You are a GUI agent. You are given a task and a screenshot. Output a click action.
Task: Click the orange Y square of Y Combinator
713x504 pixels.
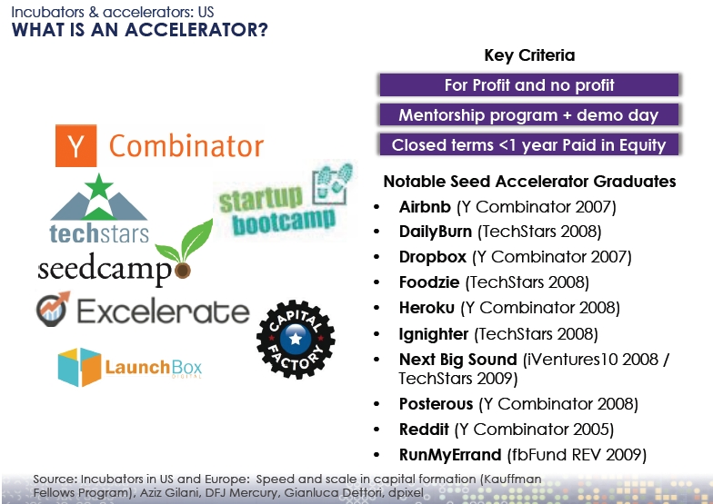76,145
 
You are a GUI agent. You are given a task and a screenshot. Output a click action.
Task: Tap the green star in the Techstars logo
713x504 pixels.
98,186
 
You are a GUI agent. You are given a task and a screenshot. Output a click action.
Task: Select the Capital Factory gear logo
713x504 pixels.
296,339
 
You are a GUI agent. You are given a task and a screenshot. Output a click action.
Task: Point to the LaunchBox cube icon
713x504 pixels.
80,367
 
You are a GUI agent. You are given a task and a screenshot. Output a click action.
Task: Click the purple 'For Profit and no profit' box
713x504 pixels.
529,85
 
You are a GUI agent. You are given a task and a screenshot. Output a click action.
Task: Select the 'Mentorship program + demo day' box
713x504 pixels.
529,114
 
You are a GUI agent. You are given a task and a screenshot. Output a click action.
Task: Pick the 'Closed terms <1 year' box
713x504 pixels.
529,145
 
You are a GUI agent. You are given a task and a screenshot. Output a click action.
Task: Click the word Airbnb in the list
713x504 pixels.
425,207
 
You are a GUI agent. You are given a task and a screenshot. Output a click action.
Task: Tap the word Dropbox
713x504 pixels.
433,257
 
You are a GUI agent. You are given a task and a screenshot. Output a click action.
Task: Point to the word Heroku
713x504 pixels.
427,308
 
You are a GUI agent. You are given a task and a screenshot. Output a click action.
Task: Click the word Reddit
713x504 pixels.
424,429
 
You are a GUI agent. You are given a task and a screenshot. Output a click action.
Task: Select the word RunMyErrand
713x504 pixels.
450,454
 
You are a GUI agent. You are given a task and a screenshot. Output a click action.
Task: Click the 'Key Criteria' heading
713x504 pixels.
529,55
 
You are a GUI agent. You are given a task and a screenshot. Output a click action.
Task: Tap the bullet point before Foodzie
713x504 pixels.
377,282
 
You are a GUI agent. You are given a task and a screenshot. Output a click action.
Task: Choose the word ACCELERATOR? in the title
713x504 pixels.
196,30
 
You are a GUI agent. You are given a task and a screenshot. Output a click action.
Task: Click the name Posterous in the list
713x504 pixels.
437,403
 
